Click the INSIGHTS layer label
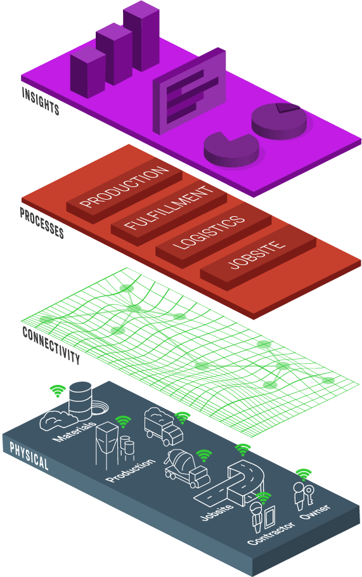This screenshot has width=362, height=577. pyautogui.click(x=41, y=101)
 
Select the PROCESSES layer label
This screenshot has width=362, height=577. pyautogui.click(x=42, y=223)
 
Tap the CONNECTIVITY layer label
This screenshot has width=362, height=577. pyautogui.click(x=51, y=345)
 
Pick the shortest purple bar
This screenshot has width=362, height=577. pyautogui.click(x=88, y=72)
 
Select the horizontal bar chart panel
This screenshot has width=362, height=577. pyautogui.click(x=189, y=91)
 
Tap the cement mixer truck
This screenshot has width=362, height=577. pyautogui.click(x=186, y=467)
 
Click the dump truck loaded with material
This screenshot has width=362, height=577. pyautogui.click(x=164, y=426)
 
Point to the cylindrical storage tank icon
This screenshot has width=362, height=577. pyautogui.click(x=81, y=400)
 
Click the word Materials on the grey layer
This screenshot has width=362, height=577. pyautogui.click(x=74, y=432)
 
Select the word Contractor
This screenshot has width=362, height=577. pyautogui.click(x=271, y=533)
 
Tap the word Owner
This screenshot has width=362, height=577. pyautogui.click(x=315, y=512)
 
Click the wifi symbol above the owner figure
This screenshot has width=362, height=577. pyautogui.click(x=304, y=474)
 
